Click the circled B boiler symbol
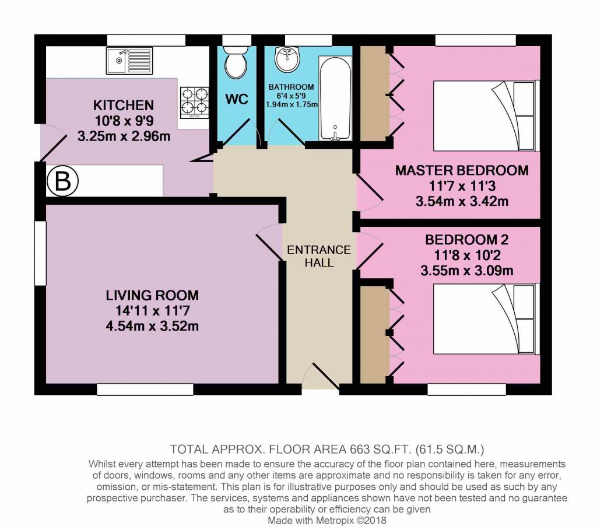(62, 181)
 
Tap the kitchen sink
(129, 61)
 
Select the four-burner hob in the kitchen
(195, 103)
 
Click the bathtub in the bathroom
(335, 98)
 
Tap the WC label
(237, 99)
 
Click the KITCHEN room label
(124, 105)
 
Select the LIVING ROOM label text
(152, 296)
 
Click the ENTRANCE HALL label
(319, 256)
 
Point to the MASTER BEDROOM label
(462, 170)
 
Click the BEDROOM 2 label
(467, 240)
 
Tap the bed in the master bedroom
(486, 116)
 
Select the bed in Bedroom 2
(486, 319)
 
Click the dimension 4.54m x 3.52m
(152, 327)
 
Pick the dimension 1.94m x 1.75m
(292, 104)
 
